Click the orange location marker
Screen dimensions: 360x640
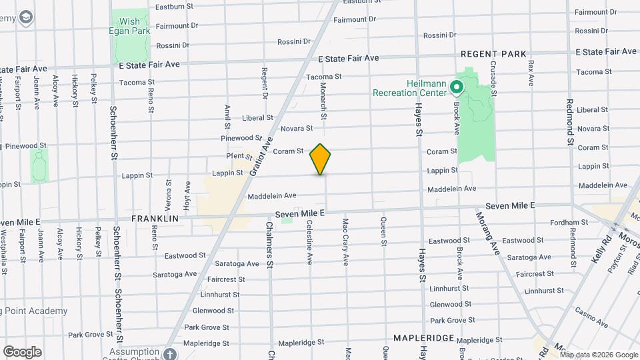(321, 159)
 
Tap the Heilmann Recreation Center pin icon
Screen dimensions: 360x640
(457, 87)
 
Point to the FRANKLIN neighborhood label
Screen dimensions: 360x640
(155, 218)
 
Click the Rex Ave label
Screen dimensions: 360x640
(531, 73)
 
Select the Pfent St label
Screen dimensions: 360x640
(239, 157)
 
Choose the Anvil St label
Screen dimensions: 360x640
(228, 116)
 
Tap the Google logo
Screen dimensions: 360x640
(22, 352)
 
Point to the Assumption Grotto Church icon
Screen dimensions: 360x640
(170, 353)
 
